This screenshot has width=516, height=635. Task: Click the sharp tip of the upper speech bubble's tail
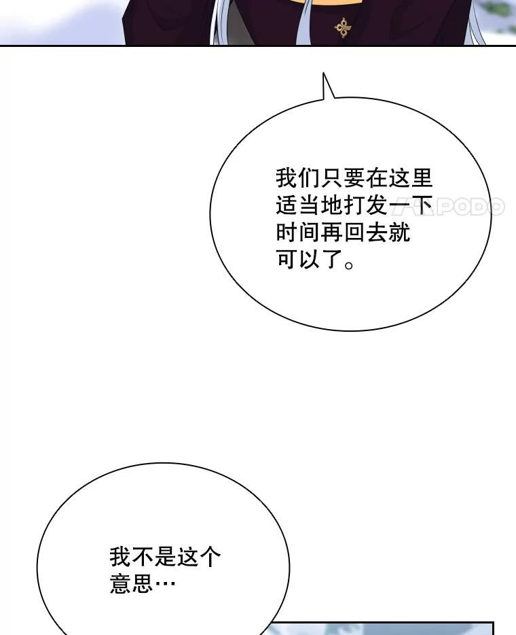pyautogui.click(x=323, y=73)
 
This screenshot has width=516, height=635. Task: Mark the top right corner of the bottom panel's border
pyautogui.click(x=494, y=623)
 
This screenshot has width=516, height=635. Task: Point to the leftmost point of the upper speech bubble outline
pyautogui.click(x=210, y=214)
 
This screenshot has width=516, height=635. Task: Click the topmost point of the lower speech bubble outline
pyautogui.click(x=163, y=463)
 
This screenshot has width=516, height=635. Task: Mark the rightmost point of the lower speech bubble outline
pyautogui.click(x=289, y=567)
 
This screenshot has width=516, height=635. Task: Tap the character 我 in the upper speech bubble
pyautogui.click(x=287, y=178)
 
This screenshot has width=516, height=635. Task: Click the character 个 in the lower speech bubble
pyautogui.click(x=210, y=557)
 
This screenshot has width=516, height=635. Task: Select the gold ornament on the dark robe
pyautogui.click(x=343, y=28)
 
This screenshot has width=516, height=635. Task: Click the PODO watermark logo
pyautogui.click(x=449, y=207)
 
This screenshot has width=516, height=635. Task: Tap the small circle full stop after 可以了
pyautogui.click(x=348, y=264)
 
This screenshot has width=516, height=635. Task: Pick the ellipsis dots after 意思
pyautogui.click(x=165, y=584)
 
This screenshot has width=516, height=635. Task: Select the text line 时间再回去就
pyautogui.click(x=343, y=233)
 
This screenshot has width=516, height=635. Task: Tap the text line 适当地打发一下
pyautogui.click(x=354, y=205)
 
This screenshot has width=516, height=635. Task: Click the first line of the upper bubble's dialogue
pyautogui.click(x=354, y=178)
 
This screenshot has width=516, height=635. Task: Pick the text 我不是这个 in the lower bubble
pyautogui.click(x=165, y=557)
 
